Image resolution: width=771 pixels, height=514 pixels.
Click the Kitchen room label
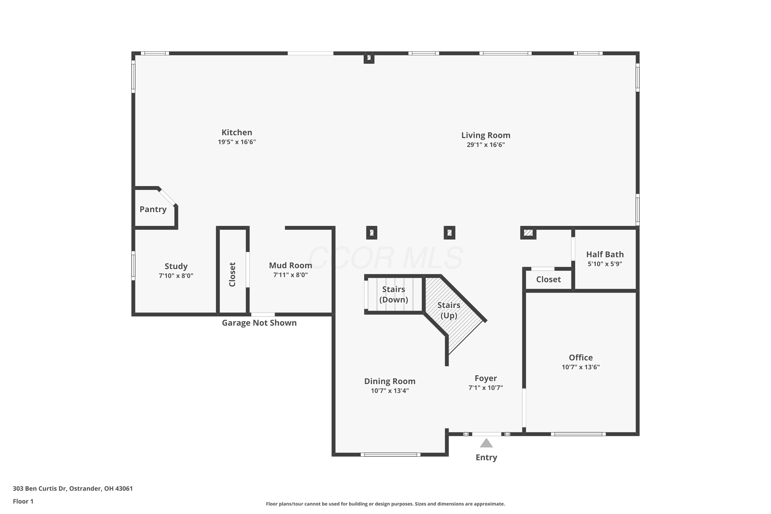click(x=237, y=132)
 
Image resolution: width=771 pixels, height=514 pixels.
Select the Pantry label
click(x=153, y=209)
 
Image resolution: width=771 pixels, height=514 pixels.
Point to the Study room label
click(x=176, y=266)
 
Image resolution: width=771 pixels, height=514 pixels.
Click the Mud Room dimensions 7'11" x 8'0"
click(x=290, y=275)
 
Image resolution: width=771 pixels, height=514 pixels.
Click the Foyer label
click(x=485, y=378)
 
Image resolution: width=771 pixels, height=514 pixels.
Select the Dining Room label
click(x=390, y=381)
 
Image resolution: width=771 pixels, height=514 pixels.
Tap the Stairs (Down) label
click(x=393, y=294)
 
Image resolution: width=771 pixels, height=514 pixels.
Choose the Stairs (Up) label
click(x=449, y=310)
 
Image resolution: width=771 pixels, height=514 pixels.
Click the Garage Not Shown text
click(x=259, y=323)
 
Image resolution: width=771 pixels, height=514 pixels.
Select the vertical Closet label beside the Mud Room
click(x=232, y=274)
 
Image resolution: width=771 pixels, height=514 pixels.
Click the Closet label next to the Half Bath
click(x=548, y=279)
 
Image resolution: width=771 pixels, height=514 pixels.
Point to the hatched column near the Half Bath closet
click(x=528, y=233)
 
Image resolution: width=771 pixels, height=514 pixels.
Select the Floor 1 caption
click(x=23, y=501)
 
